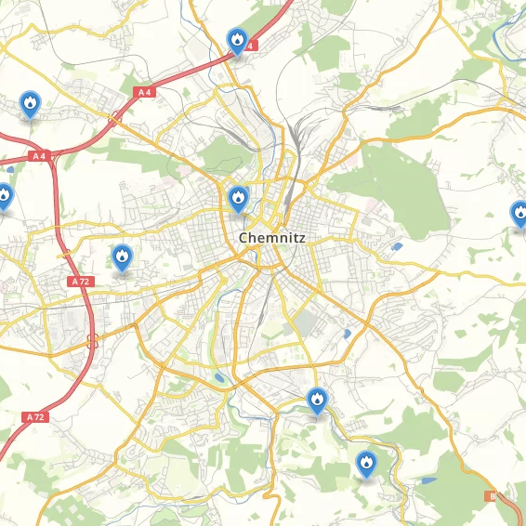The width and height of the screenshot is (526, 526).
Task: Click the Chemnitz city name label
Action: coord(272,238)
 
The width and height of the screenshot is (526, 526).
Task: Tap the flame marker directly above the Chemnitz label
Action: coord(238,198)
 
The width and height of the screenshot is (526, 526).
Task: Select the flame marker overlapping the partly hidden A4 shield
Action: coord(237,40)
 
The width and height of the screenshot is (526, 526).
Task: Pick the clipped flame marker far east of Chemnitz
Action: coord(519,214)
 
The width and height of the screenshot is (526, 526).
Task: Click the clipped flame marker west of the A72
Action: coord(5,196)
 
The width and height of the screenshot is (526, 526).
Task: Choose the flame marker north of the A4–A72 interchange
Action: coord(31,103)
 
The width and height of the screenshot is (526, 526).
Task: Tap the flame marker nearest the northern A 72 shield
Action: coord(122,256)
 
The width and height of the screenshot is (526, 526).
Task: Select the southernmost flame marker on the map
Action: coord(366,462)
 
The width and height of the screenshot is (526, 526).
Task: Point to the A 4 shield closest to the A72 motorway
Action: coord(39,156)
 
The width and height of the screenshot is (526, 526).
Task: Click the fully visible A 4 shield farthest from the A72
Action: coord(144,92)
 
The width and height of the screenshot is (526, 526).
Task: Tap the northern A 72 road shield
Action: coord(81,281)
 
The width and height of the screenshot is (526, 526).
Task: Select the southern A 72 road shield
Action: coord(35,417)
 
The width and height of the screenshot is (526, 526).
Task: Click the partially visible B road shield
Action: coord(492,496)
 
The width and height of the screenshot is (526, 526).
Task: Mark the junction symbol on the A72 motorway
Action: coord(92,340)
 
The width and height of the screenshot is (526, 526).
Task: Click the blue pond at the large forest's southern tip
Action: coord(398,247)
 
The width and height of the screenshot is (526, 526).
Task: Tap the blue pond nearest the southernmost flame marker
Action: coord(427,480)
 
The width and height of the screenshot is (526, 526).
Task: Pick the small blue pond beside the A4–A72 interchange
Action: coord(9,169)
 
